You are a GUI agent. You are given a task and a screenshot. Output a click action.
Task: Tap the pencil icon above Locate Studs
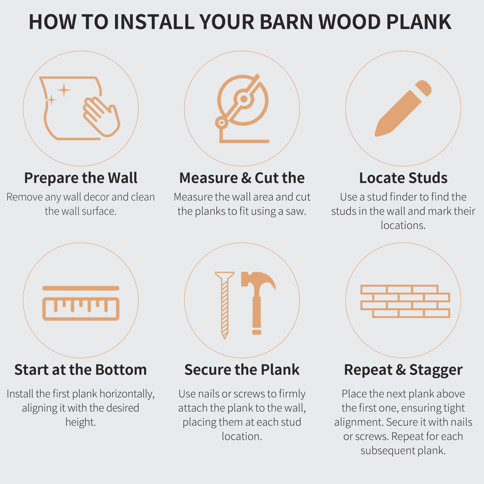coord(403,108)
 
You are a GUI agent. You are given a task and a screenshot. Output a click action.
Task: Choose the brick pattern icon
coord(405,301)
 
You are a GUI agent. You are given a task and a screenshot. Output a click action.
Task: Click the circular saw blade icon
coord(242,99)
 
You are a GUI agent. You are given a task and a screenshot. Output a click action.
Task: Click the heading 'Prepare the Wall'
coord(81,178)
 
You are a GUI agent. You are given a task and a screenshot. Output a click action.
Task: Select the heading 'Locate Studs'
coord(403,178)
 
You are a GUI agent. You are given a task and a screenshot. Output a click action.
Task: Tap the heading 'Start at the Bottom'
coord(81,370)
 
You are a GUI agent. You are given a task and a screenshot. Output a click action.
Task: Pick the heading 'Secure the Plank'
coord(242,370)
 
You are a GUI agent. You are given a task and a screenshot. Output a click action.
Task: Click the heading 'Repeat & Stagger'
coord(403,370)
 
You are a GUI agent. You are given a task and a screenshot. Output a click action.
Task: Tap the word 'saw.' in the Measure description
coord(296,211)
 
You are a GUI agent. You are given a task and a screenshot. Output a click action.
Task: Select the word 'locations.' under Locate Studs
coord(403,225)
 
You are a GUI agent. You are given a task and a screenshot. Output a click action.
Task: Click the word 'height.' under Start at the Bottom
coord(81,422)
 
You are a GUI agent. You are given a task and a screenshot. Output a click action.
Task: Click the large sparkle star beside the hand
coord(64,90)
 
